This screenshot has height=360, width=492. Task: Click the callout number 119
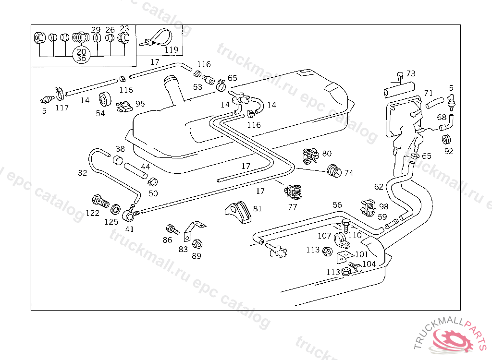172,49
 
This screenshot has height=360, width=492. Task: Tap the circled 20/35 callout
81,55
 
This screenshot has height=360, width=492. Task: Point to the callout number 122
93,213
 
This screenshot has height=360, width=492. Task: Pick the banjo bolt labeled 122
100,201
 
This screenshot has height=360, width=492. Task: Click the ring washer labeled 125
116,209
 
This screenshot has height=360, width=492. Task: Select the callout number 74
349,173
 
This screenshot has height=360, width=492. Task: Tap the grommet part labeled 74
334,170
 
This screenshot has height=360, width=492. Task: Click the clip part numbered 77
293,192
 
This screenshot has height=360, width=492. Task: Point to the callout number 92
449,151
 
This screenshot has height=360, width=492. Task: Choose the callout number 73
411,73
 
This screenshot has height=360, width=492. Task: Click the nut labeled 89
197,244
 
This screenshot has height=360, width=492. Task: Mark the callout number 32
83,173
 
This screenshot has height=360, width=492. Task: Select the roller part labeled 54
105,100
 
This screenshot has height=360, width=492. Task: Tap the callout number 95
140,104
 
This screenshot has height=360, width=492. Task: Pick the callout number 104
369,264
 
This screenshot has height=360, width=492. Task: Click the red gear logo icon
453,339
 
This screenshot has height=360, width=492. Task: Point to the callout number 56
337,205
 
